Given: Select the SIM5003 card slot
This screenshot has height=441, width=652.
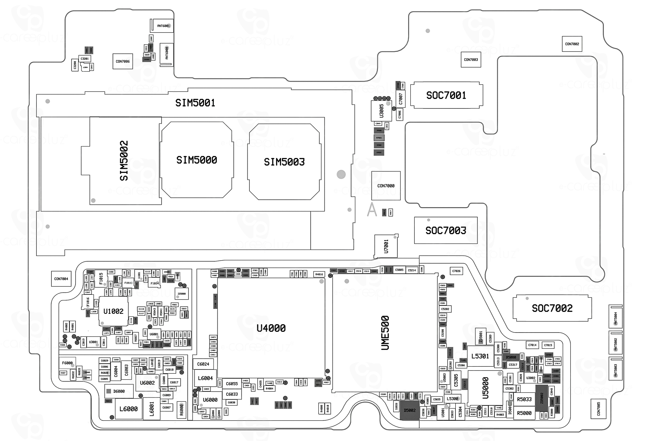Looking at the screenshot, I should (x=284, y=162).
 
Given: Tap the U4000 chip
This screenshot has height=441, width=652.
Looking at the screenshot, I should (x=271, y=328).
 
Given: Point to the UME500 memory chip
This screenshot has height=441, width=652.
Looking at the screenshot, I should (x=385, y=333).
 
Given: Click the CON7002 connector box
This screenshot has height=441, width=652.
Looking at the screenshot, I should (x=572, y=44).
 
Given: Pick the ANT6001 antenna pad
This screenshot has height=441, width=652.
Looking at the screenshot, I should (x=163, y=26).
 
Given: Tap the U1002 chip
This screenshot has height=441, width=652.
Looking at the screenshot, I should (x=113, y=311).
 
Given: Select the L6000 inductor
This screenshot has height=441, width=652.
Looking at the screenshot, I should (x=128, y=409).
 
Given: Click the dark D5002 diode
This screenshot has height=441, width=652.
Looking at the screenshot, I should (x=410, y=410).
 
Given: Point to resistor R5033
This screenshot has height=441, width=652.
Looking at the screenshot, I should (x=524, y=400).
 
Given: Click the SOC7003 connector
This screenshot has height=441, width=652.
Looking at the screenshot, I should (x=446, y=230).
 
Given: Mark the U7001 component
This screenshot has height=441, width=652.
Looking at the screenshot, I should (x=386, y=246).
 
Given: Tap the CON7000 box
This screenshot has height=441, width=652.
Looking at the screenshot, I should (x=386, y=186).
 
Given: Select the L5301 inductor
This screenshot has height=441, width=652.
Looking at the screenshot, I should (x=480, y=356).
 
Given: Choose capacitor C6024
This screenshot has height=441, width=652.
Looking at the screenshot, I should (x=203, y=364).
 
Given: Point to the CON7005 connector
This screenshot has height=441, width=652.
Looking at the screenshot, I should (x=598, y=409).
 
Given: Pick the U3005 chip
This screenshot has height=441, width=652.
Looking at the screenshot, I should (x=381, y=111).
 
